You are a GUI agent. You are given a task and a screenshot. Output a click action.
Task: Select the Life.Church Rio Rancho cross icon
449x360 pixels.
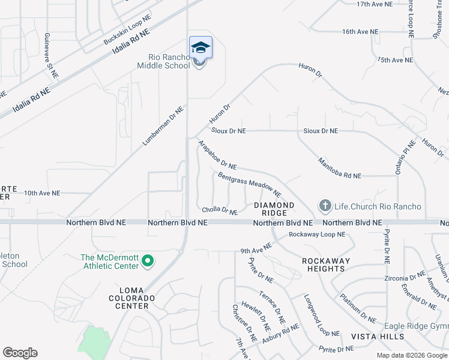tap(325, 206)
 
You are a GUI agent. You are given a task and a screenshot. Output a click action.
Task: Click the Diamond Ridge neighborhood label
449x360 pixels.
tap(274, 209)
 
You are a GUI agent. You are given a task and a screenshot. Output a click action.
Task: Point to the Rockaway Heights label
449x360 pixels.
tap(323, 265)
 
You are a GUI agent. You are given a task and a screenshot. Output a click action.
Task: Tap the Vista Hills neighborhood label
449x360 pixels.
tap(378, 337)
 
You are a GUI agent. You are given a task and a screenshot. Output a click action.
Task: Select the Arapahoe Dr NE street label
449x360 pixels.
tap(217, 155)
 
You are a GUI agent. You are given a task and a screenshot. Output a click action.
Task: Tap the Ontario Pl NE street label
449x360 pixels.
tap(405, 157)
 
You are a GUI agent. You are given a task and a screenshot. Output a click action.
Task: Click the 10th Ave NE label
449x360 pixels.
tap(42, 193)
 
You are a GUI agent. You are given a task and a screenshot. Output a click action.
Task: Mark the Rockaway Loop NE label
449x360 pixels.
tap(317, 235)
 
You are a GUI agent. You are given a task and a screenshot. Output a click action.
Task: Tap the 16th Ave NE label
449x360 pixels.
tap(360, 31)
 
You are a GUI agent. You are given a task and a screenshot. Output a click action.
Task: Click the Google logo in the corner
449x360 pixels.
tap(20, 353)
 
